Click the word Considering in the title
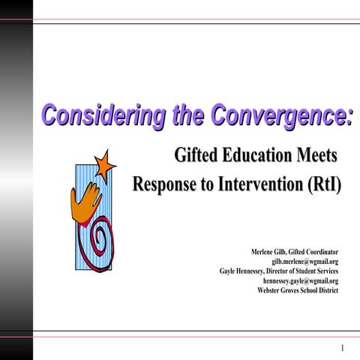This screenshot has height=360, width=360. pos(90,117)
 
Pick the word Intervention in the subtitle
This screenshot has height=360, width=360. pos(256,183)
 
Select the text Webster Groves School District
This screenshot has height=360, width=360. pos(297,289)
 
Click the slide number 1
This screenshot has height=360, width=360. pos(341,348)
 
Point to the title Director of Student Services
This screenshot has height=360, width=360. pos(304,270)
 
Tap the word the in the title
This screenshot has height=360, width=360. pos(164,117)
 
